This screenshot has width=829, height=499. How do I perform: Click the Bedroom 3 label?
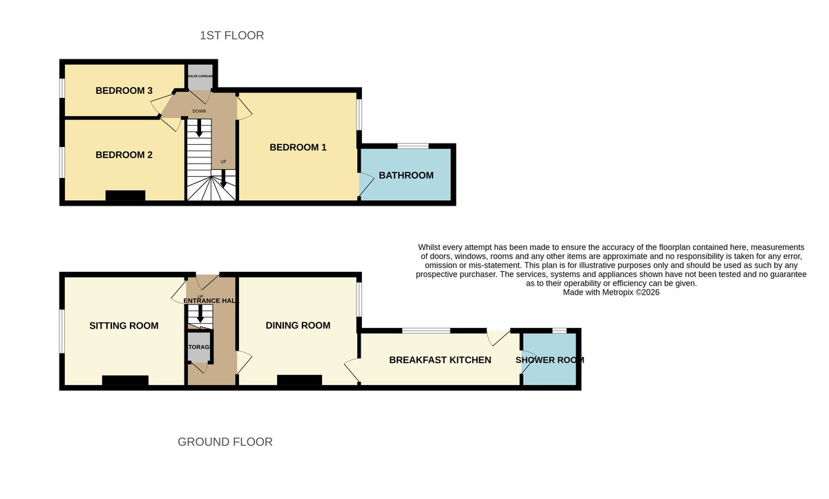click(x=124, y=90)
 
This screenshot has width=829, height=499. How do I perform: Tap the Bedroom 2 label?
click(x=124, y=155)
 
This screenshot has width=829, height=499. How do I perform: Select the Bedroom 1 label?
click(x=298, y=147)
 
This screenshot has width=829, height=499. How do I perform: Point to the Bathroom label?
click(x=406, y=175)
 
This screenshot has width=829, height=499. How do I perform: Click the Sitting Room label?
click(x=124, y=326)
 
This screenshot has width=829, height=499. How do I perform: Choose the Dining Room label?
click(x=298, y=325)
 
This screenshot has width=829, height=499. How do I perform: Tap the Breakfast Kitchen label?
click(x=440, y=360)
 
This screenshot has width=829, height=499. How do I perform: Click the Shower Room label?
click(x=550, y=360)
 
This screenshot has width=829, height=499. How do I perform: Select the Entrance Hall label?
click(x=211, y=300)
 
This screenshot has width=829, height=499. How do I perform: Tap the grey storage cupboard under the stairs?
click(x=198, y=348)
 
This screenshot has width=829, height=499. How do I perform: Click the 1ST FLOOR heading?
click(x=231, y=35)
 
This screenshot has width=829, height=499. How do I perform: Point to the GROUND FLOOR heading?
click(x=225, y=442)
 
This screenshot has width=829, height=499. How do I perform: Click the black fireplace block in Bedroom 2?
click(x=125, y=196)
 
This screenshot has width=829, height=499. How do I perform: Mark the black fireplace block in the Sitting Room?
click(x=125, y=380)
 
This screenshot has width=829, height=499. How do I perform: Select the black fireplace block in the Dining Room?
click(x=299, y=380)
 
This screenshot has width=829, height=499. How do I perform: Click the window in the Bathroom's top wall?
click(x=412, y=146)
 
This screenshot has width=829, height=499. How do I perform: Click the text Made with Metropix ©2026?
click(x=611, y=293)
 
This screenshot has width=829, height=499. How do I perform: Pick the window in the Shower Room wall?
click(x=560, y=331)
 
